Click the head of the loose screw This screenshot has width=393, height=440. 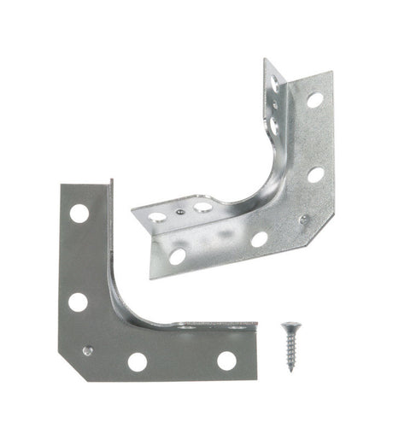click(x=289, y=328)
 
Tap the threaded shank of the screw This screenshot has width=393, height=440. click(x=290, y=350)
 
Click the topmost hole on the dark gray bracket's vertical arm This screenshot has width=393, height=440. click(x=79, y=213)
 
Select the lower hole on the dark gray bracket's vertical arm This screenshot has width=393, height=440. click(x=78, y=302)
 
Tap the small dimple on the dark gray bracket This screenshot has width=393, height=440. click(x=88, y=349)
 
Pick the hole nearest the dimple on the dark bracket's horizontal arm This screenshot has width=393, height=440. click(x=138, y=361)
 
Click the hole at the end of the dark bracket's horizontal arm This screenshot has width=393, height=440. click(x=226, y=361)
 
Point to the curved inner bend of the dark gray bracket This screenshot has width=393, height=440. click(x=124, y=299)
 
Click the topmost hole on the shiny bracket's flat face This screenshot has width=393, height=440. click(x=314, y=100)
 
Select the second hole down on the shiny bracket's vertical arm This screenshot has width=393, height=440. click(x=315, y=174)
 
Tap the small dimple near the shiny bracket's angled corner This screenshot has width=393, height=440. click(x=304, y=220)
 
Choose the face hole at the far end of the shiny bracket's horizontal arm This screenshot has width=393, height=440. click(x=177, y=255)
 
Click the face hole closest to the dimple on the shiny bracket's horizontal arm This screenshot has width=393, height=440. click(x=259, y=239)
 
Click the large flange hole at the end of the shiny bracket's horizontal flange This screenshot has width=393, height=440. click(x=157, y=217)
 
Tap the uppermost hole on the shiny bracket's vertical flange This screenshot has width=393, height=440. click(x=274, y=83)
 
